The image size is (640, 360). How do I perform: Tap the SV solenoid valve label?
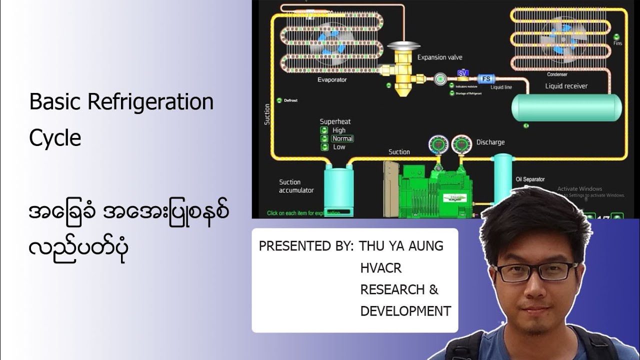point(463,73)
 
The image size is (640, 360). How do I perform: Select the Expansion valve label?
point(439,57)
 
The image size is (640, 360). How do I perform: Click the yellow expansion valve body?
point(402,75)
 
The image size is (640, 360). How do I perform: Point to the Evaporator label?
point(331,80)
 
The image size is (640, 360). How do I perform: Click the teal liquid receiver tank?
point(566,106)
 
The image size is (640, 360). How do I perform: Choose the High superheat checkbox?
point(324,130)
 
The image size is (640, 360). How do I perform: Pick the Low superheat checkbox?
point(324,147)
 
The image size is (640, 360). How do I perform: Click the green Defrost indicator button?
point(279,100)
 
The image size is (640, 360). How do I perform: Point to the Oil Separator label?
point(530,179)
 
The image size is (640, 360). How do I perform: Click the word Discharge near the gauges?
point(490,142)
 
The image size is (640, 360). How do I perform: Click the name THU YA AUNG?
point(401,246)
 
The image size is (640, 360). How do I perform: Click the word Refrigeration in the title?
point(150,102)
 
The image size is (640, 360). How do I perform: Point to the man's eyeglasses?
point(535,271)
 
